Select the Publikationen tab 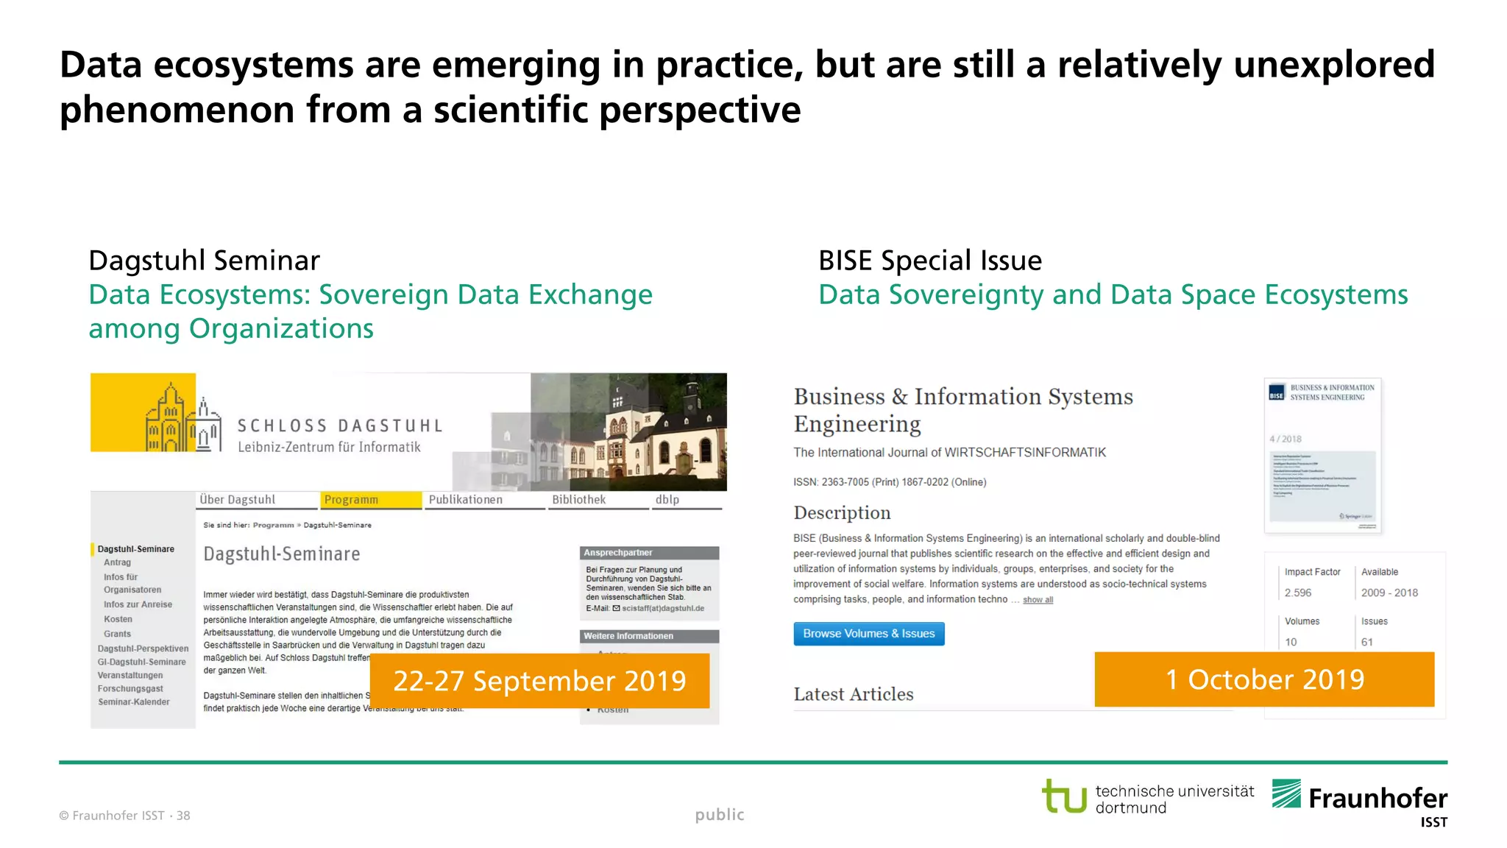pyautogui.click(x=466, y=500)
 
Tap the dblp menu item pyautogui.click(x=667, y=500)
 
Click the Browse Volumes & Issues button pyautogui.click(x=868, y=634)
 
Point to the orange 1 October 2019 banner pyautogui.click(x=1264, y=679)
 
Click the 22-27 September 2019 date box pyautogui.click(x=539, y=681)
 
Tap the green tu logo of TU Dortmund pyautogui.click(x=1064, y=796)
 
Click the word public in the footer pyautogui.click(x=720, y=815)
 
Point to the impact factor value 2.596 pyautogui.click(x=1298, y=593)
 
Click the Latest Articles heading pyautogui.click(x=854, y=694)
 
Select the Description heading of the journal pyautogui.click(x=842, y=513)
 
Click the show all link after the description pyautogui.click(x=1038, y=600)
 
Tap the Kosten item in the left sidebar pyautogui.click(x=118, y=619)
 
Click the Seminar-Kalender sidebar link pyautogui.click(x=134, y=702)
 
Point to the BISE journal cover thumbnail pyautogui.click(x=1322, y=455)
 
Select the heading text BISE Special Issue pyautogui.click(x=930, y=261)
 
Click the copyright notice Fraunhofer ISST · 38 pyautogui.click(x=125, y=816)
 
